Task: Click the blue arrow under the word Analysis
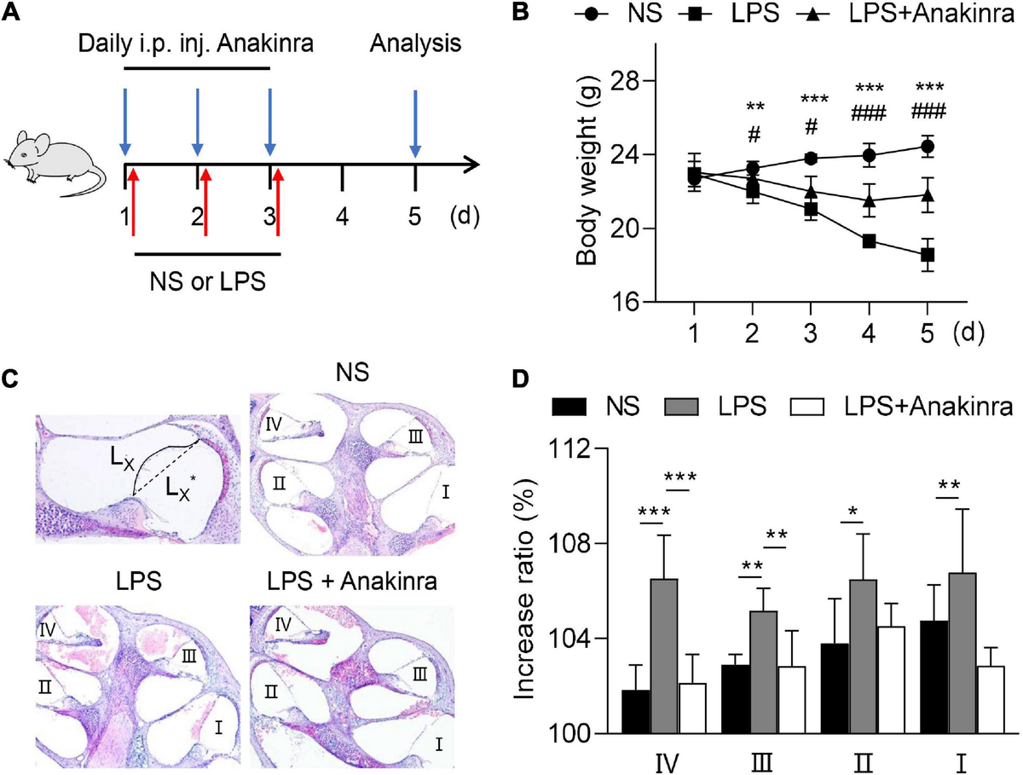coord(415,119)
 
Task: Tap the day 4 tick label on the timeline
coord(342,217)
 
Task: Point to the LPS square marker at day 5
coord(928,255)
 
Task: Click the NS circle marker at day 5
coord(928,147)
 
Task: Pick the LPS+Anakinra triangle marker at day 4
coord(869,202)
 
